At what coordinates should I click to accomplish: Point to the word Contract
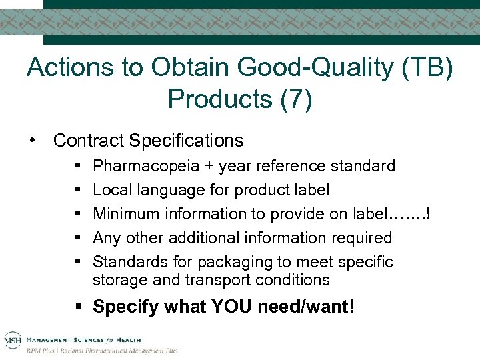tap(89, 141)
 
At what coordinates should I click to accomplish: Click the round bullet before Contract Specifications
tap(31, 140)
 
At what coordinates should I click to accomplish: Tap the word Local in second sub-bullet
tap(111, 189)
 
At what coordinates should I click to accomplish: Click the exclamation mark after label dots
tap(427, 213)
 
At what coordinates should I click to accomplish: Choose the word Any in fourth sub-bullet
tap(107, 237)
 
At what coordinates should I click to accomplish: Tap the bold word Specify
tap(123, 307)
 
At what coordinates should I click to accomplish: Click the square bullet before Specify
tap(79, 307)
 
